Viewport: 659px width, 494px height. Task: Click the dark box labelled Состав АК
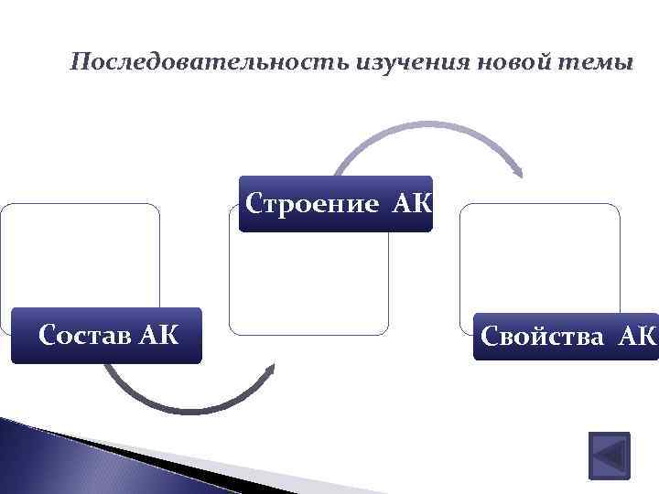pyautogui.click(x=106, y=336)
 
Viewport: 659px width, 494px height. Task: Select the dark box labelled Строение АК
pyautogui.click(x=335, y=203)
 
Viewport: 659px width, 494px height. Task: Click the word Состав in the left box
pyautogui.click(x=83, y=336)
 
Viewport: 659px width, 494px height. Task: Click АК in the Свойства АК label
pyautogui.click(x=637, y=337)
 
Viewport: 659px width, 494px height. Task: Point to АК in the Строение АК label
pyautogui.click(x=411, y=203)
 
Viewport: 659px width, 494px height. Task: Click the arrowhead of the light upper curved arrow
pyautogui.click(x=518, y=171)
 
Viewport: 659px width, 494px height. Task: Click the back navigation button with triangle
pyautogui.click(x=607, y=455)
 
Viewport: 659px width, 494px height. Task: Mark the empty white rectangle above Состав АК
pyautogui.click(x=81, y=254)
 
